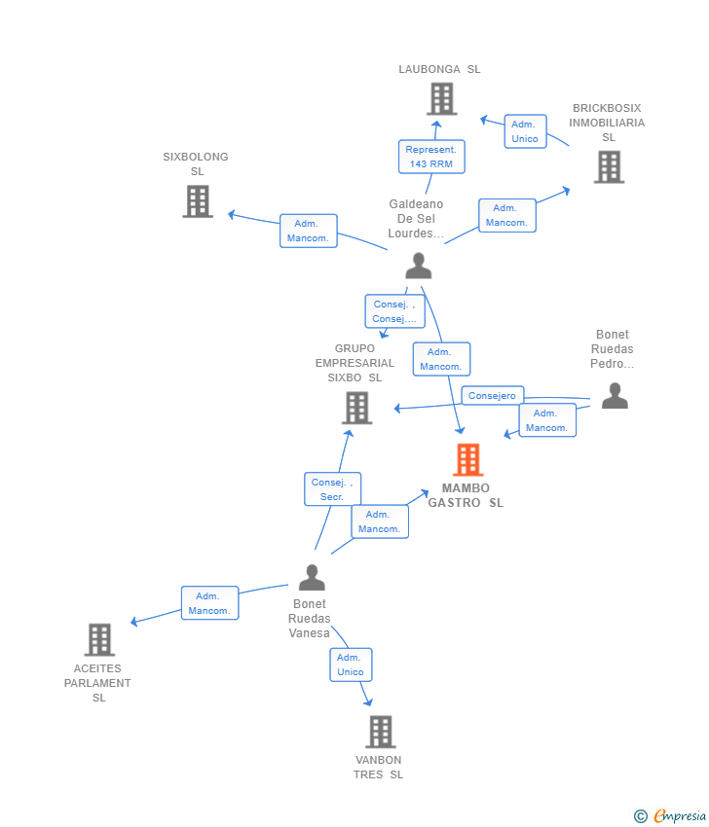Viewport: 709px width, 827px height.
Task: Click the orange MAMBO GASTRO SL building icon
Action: (467, 459)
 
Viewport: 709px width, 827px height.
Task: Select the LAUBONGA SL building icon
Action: (442, 98)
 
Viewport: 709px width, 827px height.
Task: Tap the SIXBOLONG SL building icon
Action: (198, 201)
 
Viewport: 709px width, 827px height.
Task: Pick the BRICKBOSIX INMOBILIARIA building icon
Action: (610, 166)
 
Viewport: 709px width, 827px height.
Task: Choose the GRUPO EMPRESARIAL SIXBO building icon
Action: (356, 408)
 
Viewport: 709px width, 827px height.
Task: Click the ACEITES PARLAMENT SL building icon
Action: (99, 639)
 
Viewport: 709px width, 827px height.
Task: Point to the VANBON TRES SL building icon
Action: (381, 732)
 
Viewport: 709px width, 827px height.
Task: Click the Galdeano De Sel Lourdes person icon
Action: (419, 266)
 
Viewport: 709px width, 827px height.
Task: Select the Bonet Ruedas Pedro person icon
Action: (616, 396)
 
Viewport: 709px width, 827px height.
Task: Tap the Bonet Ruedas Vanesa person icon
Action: (312, 577)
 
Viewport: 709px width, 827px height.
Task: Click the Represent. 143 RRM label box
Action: (431, 157)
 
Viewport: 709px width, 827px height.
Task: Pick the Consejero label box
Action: (493, 396)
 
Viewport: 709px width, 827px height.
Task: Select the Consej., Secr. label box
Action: (333, 489)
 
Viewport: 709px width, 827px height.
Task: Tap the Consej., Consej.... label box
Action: (394, 311)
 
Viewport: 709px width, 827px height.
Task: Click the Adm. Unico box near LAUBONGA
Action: (525, 131)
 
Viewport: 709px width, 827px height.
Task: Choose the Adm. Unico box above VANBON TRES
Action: (351, 665)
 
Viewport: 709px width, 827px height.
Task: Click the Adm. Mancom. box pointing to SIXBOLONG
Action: (309, 231)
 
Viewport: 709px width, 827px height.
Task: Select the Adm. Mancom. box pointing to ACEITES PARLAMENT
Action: (210, 603)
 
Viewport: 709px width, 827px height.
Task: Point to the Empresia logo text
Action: (680, 815)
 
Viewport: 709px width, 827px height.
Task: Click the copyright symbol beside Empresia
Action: (641, 816)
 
